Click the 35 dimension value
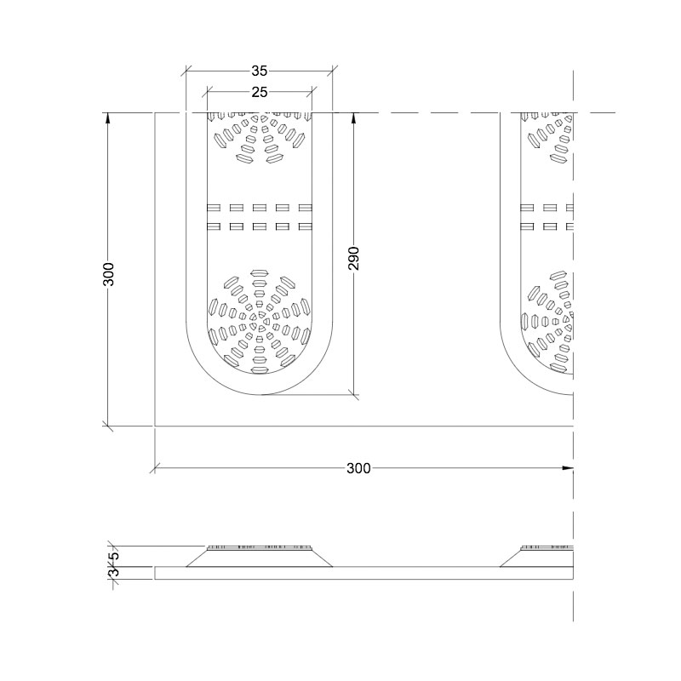tap(260, 72)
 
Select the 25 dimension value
tap(260, 91)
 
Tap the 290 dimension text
tap(355, 259)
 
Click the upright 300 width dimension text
tap(358, 468)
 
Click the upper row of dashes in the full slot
tap(260, 207)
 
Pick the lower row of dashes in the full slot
tap(260, 226)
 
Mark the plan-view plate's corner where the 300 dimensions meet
tap(155, 426)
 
